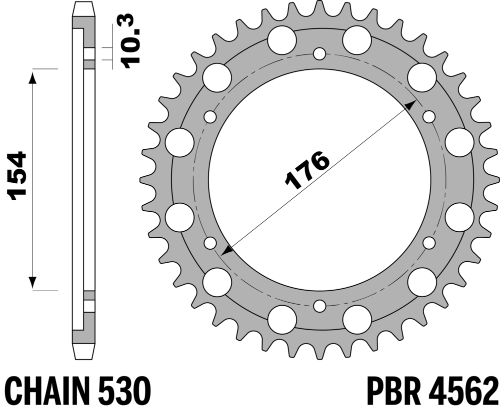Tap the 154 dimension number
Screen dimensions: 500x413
[x=18, y=176]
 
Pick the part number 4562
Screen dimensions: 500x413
[x=464, y=391]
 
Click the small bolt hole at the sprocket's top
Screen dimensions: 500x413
[x=319, y=53]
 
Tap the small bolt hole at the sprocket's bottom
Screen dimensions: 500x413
[x=319, y=306]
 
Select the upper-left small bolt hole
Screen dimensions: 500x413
[x=210, y=117]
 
